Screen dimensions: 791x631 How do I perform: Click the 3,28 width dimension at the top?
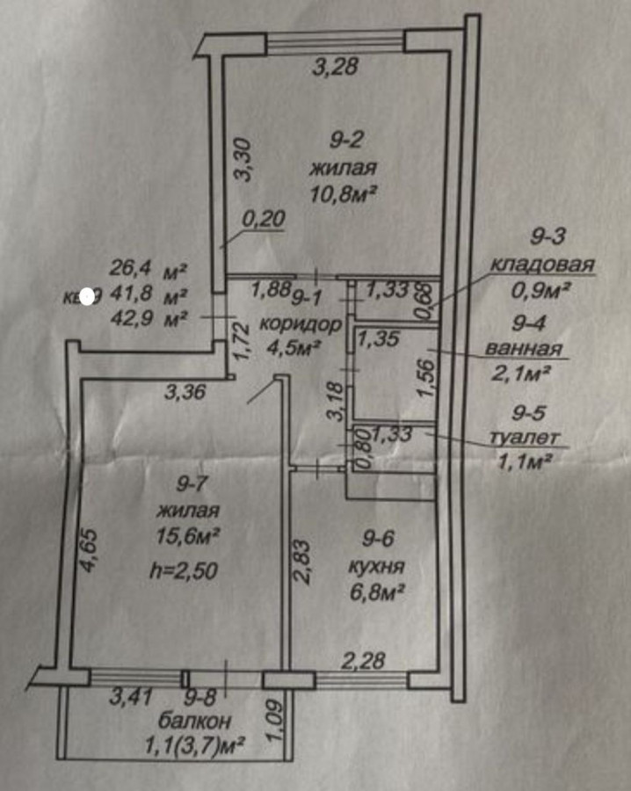point(335,67)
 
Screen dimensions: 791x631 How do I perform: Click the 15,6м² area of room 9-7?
point(185,533)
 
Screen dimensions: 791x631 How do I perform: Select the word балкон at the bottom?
point(195,722)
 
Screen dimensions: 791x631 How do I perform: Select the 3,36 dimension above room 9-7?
point(185,392)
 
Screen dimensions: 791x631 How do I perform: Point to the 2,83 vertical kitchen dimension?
point(301,562)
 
